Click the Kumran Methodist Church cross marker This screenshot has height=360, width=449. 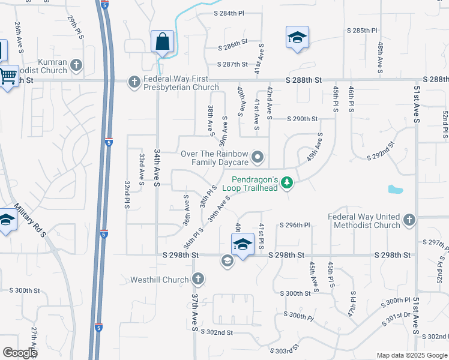tap(76, 64)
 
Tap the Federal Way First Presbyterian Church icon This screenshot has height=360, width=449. tap(134, 80)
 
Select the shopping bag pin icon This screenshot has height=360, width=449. tap(163, 42)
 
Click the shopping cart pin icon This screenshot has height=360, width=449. tap(8, 76)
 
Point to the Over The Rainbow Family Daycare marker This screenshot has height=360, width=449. tap(258, 158)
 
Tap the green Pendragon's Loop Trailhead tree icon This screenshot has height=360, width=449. tap(288, 182)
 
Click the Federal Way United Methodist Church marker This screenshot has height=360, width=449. tap(410, 220)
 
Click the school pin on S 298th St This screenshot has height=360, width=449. tap(243, 245)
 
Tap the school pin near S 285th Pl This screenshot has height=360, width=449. tap(297, 37)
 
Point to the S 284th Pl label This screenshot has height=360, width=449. tap(229, 13)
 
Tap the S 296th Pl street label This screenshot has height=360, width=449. tap(294, 226)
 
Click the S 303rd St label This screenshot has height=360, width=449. tap(284, 350)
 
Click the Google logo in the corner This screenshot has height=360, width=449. tap(19, 353)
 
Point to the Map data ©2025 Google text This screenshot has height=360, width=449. tap(411, 355)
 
